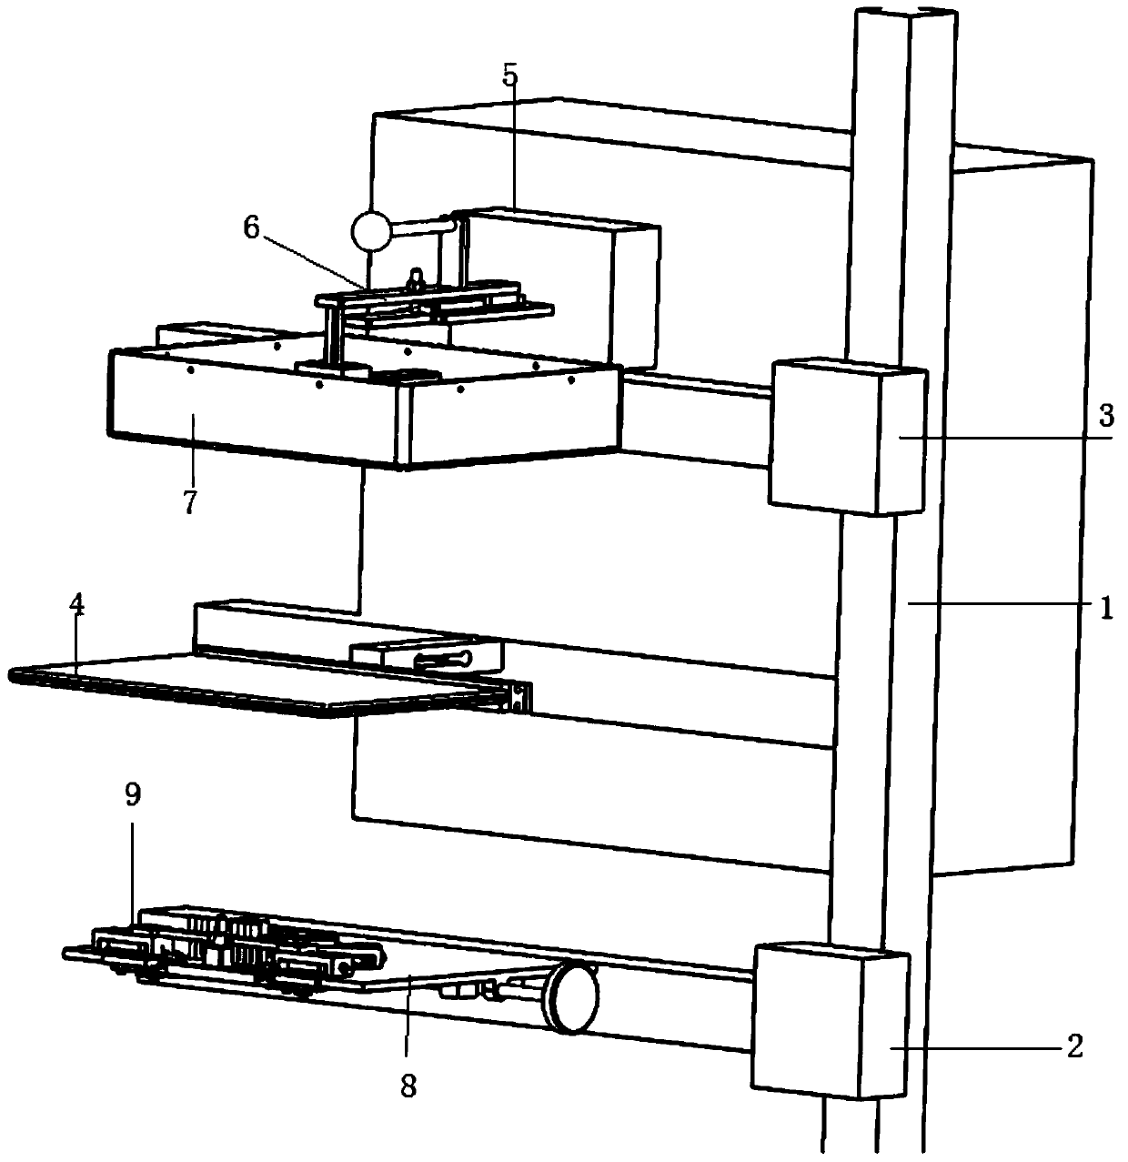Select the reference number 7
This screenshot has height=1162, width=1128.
click(x=189, y=501)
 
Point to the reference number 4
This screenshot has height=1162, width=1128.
click(x=78, y=606)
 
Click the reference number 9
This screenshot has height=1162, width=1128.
click(x=133, y=795)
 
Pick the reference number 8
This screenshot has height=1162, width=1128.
click(x=408, y=1085)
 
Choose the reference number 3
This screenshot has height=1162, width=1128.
click(x=1104, y=416)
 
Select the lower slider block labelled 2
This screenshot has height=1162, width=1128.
click(x=828, y=1019)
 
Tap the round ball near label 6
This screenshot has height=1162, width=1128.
click(x=371, y=230)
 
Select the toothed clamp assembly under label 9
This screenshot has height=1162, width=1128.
click(x=227, y=946)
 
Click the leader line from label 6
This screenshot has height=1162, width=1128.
click(x=309, y=258)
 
